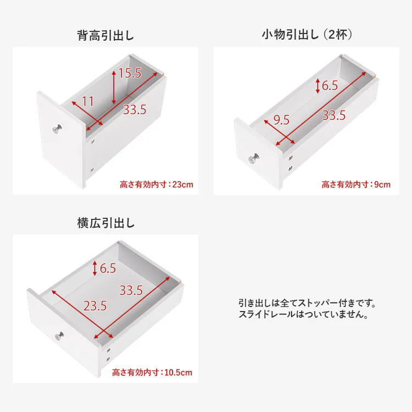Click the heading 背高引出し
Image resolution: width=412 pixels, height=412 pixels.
[105, 36]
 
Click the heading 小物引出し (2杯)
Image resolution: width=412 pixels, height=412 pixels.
[307, 36]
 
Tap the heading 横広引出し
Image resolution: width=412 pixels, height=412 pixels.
[105, 224]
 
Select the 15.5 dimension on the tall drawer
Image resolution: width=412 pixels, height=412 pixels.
[130, 73]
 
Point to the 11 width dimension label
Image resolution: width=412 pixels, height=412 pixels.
[88, 101]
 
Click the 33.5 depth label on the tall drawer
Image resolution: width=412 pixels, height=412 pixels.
[134, 110]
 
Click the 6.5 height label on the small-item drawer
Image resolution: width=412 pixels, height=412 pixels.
[330, 85]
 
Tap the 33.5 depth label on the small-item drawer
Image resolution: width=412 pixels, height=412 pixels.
[333, 115]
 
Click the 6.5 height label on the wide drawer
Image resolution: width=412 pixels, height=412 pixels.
[108, 268]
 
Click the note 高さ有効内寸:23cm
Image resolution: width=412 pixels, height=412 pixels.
[157, 185]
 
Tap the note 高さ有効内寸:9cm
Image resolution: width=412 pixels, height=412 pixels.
[356, 185]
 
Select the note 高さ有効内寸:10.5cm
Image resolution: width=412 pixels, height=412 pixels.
[152, 372]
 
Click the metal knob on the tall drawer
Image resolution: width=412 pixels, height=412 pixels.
[58, 129]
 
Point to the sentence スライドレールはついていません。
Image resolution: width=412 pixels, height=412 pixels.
[303, 315]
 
